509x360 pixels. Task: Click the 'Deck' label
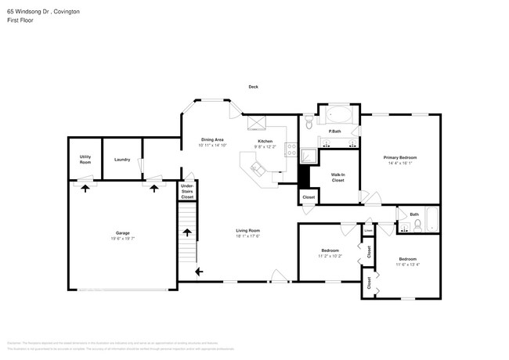[253, 87]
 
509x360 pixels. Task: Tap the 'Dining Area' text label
[212, 139]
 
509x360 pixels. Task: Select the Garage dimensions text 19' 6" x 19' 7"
[123, 238]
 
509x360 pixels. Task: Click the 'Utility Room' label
[85, 159]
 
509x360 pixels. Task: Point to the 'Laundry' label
[122, 160]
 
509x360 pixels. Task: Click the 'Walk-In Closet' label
[338, 178]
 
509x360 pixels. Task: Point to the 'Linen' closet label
[368, 231]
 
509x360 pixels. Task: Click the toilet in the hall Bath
[419, 225]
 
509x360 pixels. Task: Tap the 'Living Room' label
[248, 230]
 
